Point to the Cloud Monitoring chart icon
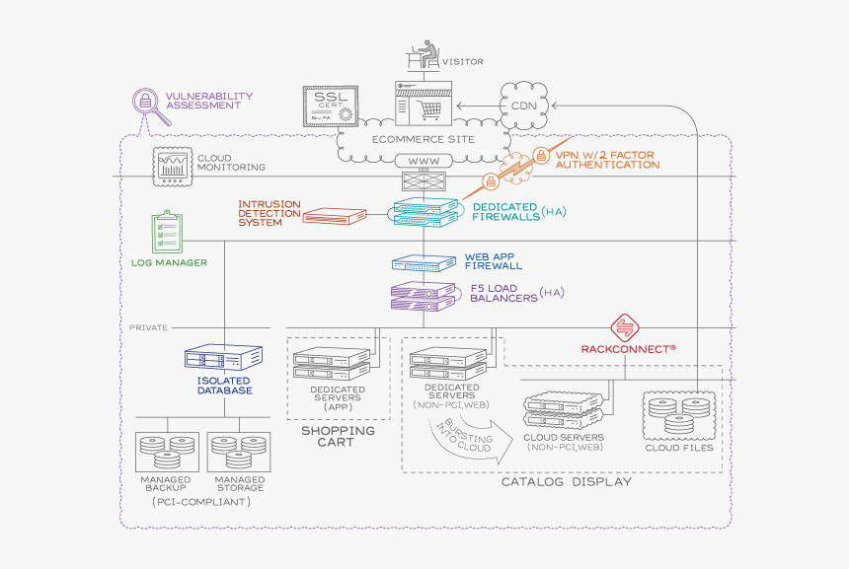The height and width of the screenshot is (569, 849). pyautogui.click(x=171, y=168)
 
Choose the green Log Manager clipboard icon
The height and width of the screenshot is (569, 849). pyautogui.click(x=169, y=233)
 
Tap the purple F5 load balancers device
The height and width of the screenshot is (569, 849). pyautogui.click(x=425, y=294)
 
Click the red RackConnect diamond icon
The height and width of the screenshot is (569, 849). pyautogui.click(x=626, y=327)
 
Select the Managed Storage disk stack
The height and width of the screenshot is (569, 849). pyautogui.click(x=238, y=451)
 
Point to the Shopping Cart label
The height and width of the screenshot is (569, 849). pyautogui.click(x=338, y=436)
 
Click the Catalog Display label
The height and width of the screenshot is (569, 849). pyautogui.click(x=566, y=481)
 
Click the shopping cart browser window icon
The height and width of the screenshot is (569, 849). pyautogui.click(x=423, y=103)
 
